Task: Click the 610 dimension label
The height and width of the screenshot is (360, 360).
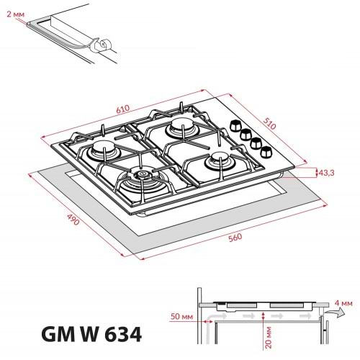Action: pyautogui.click(x=123, y=109)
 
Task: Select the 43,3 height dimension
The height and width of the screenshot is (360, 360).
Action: pyautogui.click(x=328, y=172)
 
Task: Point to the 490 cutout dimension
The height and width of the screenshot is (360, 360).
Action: pyautogui.click(x=71, y=218)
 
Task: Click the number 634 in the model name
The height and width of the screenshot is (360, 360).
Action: pyautogui.click(x=117, y=335)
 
